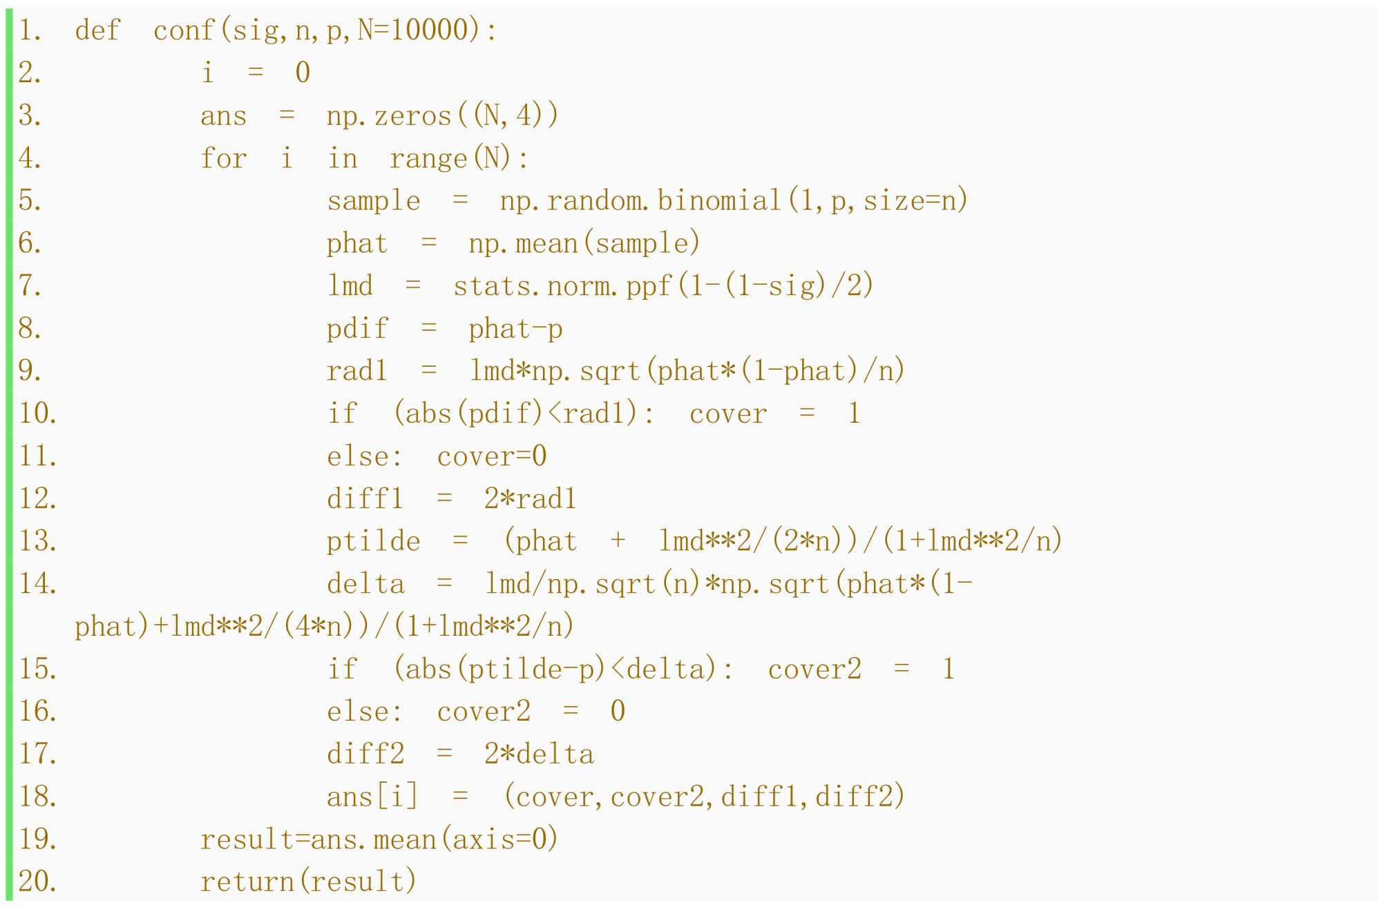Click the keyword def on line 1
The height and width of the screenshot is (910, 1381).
(x=97, y=30)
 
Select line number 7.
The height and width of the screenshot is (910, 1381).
(x=30, y=285)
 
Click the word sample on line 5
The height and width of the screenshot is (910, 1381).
(x=373, y=200)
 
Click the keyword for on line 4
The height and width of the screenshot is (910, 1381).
(x=223, y=158)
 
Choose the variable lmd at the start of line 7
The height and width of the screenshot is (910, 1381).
(x=350, y=285)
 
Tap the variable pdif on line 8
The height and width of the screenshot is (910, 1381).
(x=357, y=328)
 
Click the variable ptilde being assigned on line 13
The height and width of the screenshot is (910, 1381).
(x=373, y=541)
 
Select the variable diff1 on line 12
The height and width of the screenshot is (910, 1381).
(x=365, y=498)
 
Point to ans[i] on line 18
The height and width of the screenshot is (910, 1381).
(x=372, y=797)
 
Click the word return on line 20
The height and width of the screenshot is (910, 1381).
(x=247, y=882)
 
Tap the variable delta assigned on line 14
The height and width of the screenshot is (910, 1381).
(x=365, y=584)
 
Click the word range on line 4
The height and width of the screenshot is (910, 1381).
(x=428, y=158)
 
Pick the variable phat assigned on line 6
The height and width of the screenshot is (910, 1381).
(x=357, y=243)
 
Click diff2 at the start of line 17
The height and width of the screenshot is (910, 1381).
(x=365, y=754)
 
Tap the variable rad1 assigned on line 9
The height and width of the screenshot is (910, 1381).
(x=357, y=371)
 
